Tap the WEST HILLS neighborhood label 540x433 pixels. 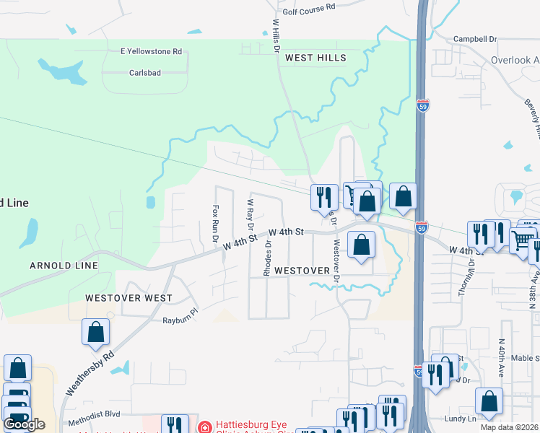coord(315,58)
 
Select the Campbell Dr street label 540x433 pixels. coord(475,39)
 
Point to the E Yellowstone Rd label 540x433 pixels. coord(152,51)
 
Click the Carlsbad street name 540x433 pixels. coord(144,73)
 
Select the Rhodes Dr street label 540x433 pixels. coord(267,258)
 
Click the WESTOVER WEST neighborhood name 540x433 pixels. coord(129,298)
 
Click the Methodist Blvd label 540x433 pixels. coord(92,421)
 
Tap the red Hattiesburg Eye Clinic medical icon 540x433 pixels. coord(205,427)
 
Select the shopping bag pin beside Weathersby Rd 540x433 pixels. coord(95,333)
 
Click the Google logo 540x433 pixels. coord(24,424)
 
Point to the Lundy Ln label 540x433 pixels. coord(461,419)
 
